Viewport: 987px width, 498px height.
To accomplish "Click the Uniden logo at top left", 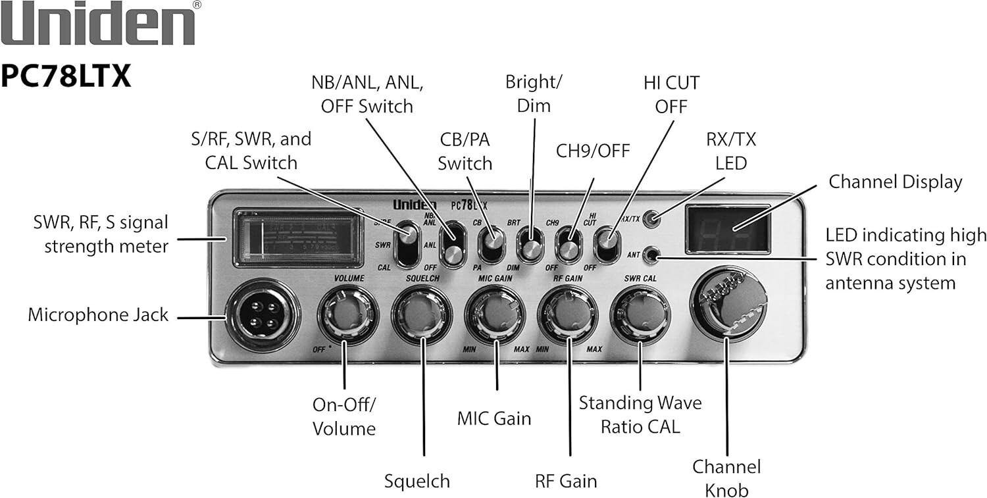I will click(99, 25).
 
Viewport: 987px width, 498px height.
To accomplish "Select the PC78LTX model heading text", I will click(66, 76).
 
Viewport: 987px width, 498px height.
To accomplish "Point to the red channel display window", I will click(727, 229).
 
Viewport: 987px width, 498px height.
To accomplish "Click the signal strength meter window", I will click(298, 237).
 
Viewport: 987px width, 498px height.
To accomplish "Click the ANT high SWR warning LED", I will click(652, 253).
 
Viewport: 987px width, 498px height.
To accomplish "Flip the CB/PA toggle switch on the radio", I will click(490, 243).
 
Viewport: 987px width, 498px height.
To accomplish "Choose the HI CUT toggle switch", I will click(606, 243).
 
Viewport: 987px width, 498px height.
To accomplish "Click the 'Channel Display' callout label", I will click(895, 182).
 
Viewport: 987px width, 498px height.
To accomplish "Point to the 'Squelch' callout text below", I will click(417, 481).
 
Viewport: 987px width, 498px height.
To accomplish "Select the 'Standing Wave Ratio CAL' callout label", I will click(640, 414).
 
